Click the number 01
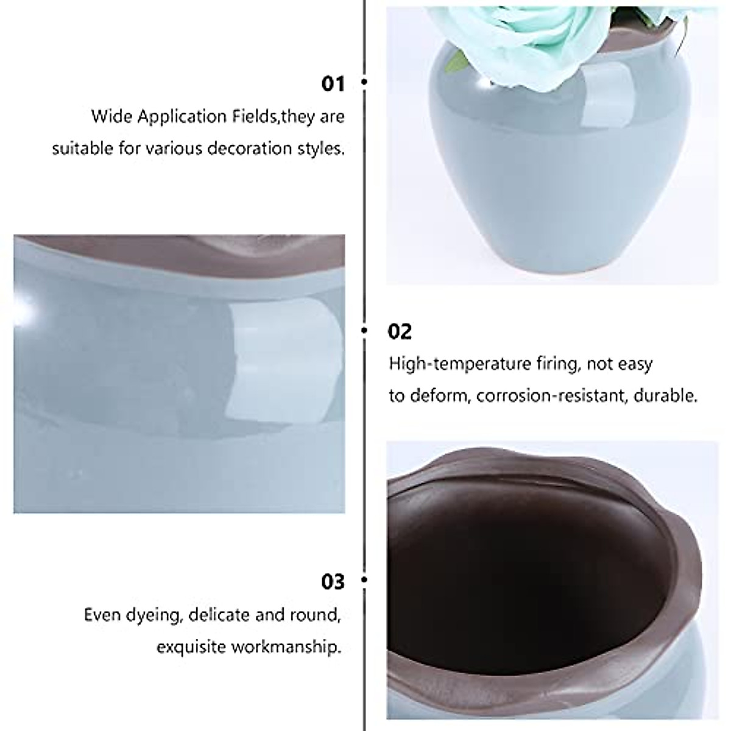(333, 83)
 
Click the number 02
(400, 332)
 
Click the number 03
(333, 582)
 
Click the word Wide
(111, 116)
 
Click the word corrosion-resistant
(551, 396)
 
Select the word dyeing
(152, 615)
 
